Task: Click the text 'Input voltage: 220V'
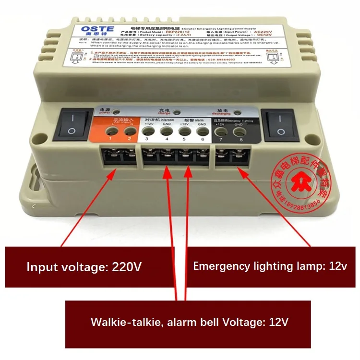click(x=84, y=267)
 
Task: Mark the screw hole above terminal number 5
click(x=183, y=131)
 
